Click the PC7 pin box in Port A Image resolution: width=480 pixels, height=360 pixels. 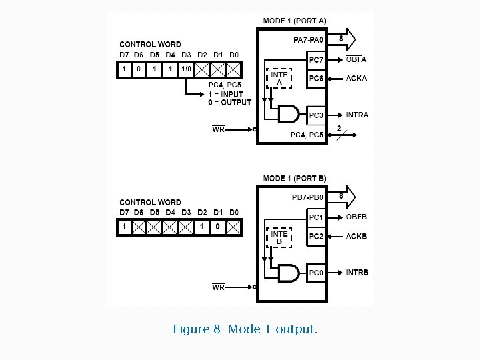316,60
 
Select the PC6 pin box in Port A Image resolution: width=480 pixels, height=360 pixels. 316,79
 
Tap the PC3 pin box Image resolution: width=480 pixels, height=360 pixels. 316,115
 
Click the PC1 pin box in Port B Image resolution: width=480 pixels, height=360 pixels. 316,217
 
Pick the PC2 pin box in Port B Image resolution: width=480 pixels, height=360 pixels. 316,236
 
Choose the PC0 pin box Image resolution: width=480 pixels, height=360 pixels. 316,273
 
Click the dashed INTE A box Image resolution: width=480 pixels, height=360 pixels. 279,79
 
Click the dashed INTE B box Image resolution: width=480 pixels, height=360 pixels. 279,237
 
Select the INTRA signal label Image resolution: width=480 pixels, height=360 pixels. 357,115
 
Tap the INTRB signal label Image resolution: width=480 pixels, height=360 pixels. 357,273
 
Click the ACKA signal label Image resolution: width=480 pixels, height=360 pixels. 356,79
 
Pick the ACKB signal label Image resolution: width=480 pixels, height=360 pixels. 356,236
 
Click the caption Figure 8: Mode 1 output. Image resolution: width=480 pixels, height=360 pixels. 245,329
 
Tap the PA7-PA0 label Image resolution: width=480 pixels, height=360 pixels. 308,39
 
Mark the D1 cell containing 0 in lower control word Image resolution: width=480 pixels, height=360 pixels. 217,227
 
